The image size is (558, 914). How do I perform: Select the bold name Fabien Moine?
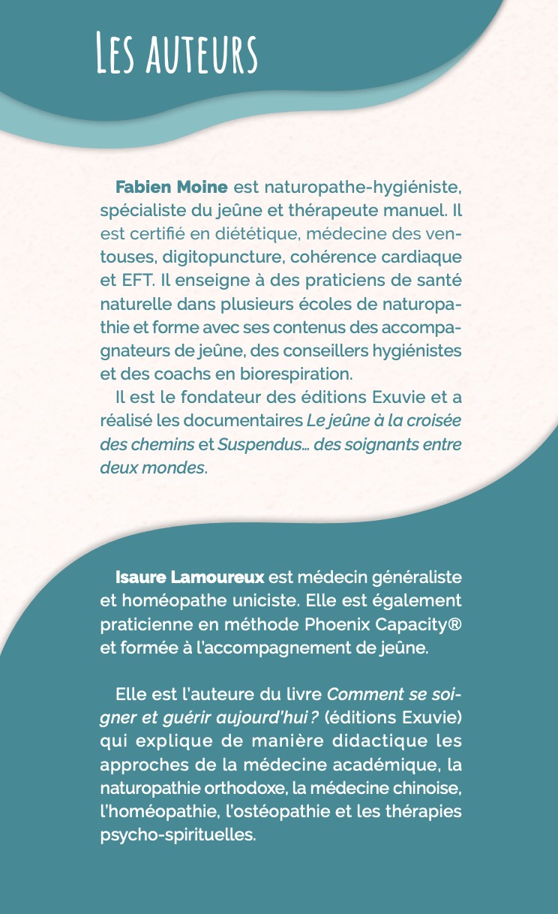[171, 185]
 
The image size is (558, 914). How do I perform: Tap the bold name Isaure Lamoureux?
[189, 578]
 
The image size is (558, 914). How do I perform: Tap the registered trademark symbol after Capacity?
[454, 624]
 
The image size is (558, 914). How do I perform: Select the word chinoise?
[427, 788]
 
